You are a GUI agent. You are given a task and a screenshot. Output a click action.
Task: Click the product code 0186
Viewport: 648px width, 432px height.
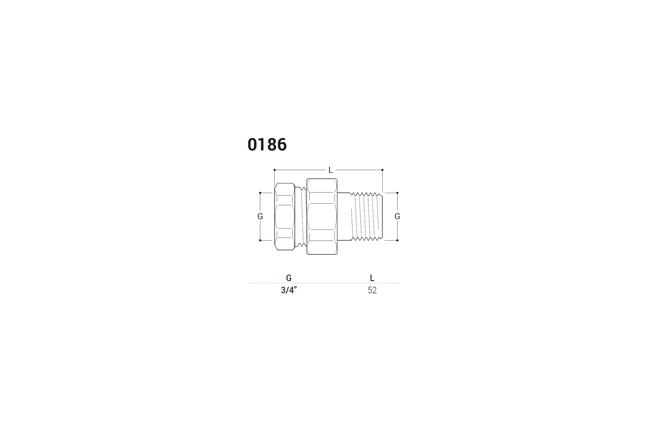click(x=267, y=144)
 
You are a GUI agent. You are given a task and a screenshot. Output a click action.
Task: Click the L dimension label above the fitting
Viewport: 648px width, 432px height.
click(x=330, y=170)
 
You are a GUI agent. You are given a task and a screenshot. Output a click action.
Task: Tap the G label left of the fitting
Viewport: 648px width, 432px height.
click(x=260, y=216)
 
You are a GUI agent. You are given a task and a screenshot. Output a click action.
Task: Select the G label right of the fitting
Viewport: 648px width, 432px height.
click(x=397, y=216)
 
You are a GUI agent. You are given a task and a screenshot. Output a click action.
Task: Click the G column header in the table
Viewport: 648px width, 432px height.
click(x=289, y=278)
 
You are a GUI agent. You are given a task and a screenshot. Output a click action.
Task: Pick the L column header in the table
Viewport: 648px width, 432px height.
click(x=372, y=278)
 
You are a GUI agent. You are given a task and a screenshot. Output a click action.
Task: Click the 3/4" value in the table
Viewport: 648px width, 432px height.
click(x=289, y=290)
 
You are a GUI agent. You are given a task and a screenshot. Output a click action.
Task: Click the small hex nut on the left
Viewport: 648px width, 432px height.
click(x=285, y=217)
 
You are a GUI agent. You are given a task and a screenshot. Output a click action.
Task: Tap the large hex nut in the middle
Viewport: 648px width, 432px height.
click(x=322, y=217)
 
